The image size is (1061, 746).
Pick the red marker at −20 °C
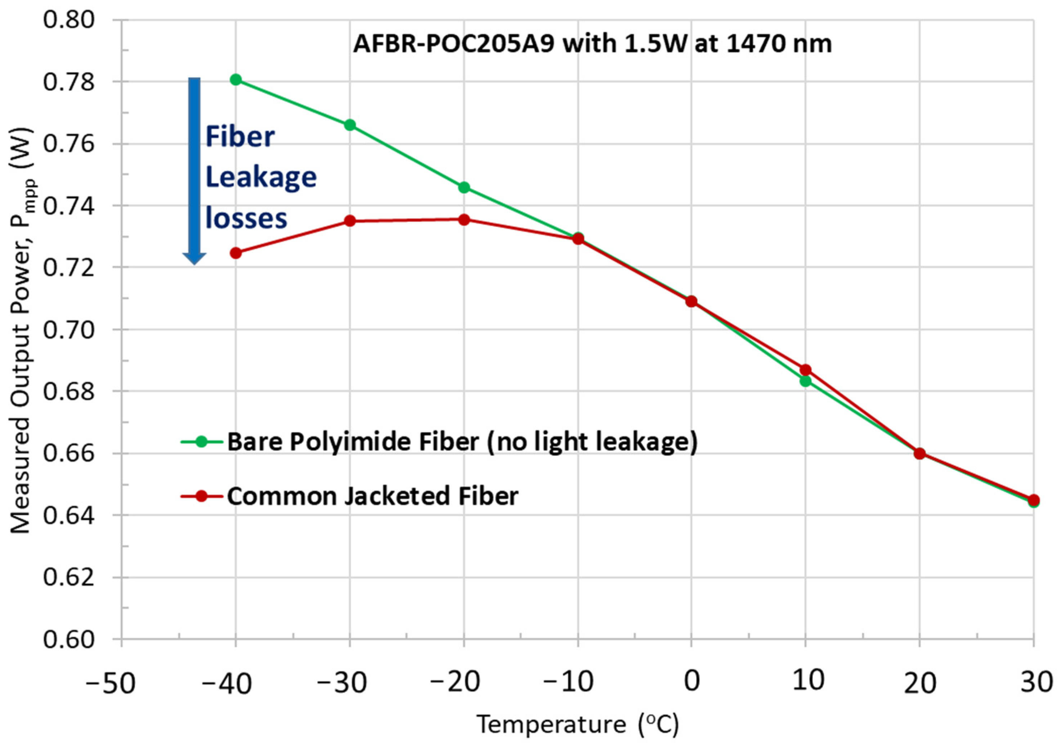click(464, 220)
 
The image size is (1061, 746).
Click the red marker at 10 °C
click(805, 370)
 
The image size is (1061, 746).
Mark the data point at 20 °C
click(919, 453)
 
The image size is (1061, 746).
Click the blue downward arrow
click(194, 171)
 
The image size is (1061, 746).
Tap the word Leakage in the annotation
click(261, 178)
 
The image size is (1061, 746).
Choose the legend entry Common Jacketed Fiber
click(372, 496)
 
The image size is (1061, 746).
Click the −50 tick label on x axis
click(111, 683)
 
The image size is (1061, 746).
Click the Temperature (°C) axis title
click(578, 723)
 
